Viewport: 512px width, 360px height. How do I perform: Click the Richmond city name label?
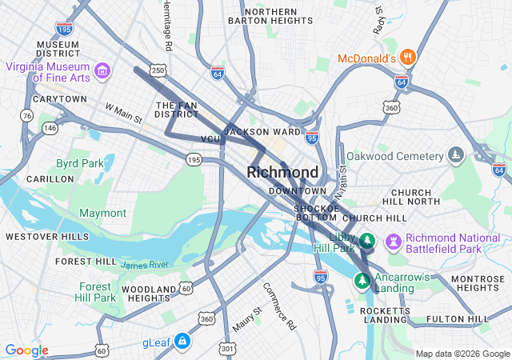pos(282,172)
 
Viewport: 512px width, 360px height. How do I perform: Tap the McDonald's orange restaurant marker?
pos(408,57)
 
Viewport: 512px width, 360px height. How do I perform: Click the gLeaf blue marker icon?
pos(182,342)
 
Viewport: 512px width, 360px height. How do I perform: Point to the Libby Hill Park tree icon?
pos(367,240)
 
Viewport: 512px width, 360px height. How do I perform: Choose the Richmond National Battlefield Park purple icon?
pos(393,240)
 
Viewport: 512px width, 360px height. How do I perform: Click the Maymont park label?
pos(102,213)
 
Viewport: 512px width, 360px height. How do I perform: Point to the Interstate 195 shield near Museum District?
pos(66,29)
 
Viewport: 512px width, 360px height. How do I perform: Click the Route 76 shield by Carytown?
pos(27,116)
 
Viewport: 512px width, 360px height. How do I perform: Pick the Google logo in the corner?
pos(26,350)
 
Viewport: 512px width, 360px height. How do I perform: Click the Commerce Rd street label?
pos(279,306)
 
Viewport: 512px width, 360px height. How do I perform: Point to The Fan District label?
pos(176,110)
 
